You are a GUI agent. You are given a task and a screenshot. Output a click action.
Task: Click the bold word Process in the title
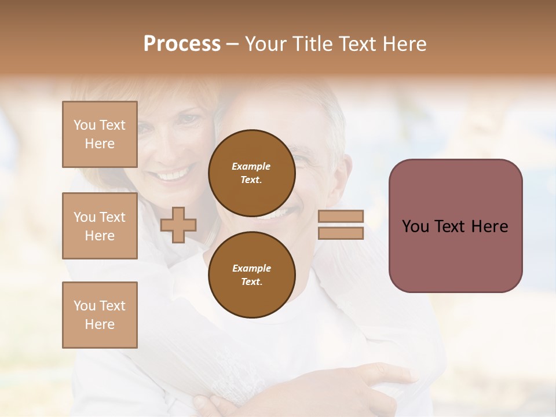182,44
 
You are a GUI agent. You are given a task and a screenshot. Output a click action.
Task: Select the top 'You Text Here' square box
100,134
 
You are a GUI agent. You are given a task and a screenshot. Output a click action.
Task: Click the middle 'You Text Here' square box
100,226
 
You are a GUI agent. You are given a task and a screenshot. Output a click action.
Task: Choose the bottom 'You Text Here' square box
100,315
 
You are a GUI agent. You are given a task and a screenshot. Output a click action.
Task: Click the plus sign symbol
178,225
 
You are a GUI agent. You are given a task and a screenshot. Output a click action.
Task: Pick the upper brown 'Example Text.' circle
251,173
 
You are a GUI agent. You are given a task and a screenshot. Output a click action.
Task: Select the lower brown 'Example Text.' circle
251,275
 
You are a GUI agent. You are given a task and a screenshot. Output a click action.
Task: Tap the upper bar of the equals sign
341,217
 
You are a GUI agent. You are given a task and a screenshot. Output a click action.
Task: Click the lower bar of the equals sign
341,233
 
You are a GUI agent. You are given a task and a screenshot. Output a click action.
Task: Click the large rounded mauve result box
455,225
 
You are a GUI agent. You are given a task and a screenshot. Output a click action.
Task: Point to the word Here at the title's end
405,44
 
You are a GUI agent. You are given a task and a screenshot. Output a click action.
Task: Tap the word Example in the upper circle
251,166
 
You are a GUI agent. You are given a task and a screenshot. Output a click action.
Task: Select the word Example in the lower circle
251,268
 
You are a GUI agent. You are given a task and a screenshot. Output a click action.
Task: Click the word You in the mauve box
415,226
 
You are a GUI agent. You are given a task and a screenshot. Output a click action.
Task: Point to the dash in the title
232,44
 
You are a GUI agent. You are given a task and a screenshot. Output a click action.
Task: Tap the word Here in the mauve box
489,226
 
